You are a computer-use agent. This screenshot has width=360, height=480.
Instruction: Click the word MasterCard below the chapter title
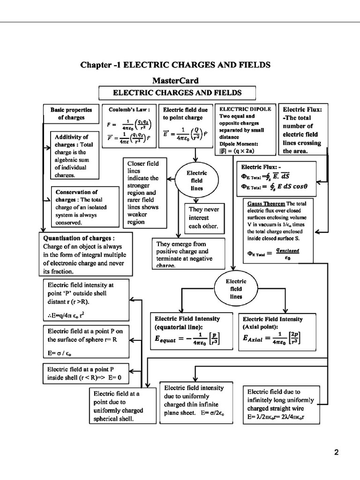tap(176, 81)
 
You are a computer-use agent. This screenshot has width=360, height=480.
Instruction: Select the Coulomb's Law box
tap(129, 126)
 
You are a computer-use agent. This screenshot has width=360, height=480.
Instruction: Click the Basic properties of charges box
tap(71, 114)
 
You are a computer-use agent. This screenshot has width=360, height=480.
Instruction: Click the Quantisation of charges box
tap(85, 254)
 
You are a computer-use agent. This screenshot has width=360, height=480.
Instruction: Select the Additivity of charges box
tap(75, 156)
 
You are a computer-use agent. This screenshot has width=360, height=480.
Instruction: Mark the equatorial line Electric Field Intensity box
tap(191, 331)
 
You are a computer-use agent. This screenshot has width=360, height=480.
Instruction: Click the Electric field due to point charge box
tap(186, 126)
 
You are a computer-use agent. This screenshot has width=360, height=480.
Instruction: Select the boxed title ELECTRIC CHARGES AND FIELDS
tap(177, 93)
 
